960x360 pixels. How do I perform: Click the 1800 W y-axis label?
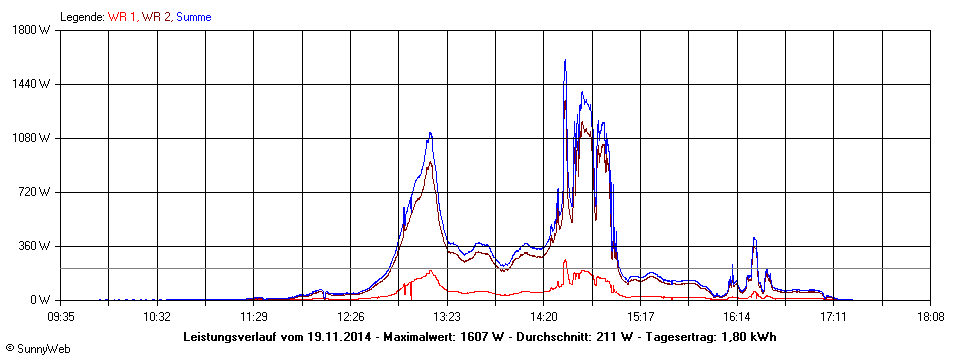tap(43, 30)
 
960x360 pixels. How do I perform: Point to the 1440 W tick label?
tap(43, 84)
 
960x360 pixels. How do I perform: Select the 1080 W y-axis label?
tap(43, 138)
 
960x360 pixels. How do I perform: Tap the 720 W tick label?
tap(46, 192)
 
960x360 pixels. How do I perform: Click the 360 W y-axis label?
tap(46, 246)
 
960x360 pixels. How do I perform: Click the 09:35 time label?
tap(62, 316)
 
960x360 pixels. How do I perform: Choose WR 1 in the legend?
tap(123, 17)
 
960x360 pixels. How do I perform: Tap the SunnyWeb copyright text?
tap(36, 349)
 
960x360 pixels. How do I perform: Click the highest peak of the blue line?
tap(565, 60)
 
